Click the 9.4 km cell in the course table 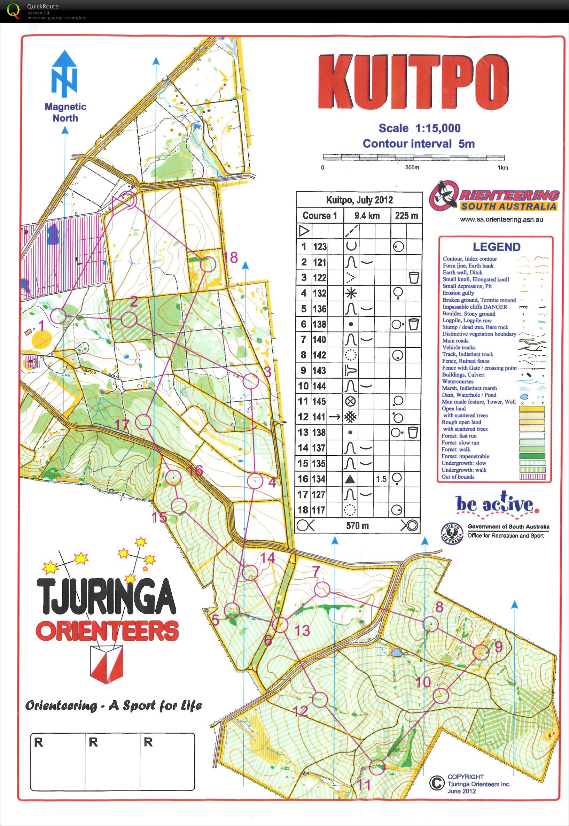(367, 216)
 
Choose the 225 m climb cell (406, 216)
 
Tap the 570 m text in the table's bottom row (357, 526)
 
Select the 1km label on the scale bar (503, 168)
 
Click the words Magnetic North (65, 112)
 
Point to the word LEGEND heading (496, 247)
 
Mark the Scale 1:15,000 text (419, 128)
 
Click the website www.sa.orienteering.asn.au (501, 220)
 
